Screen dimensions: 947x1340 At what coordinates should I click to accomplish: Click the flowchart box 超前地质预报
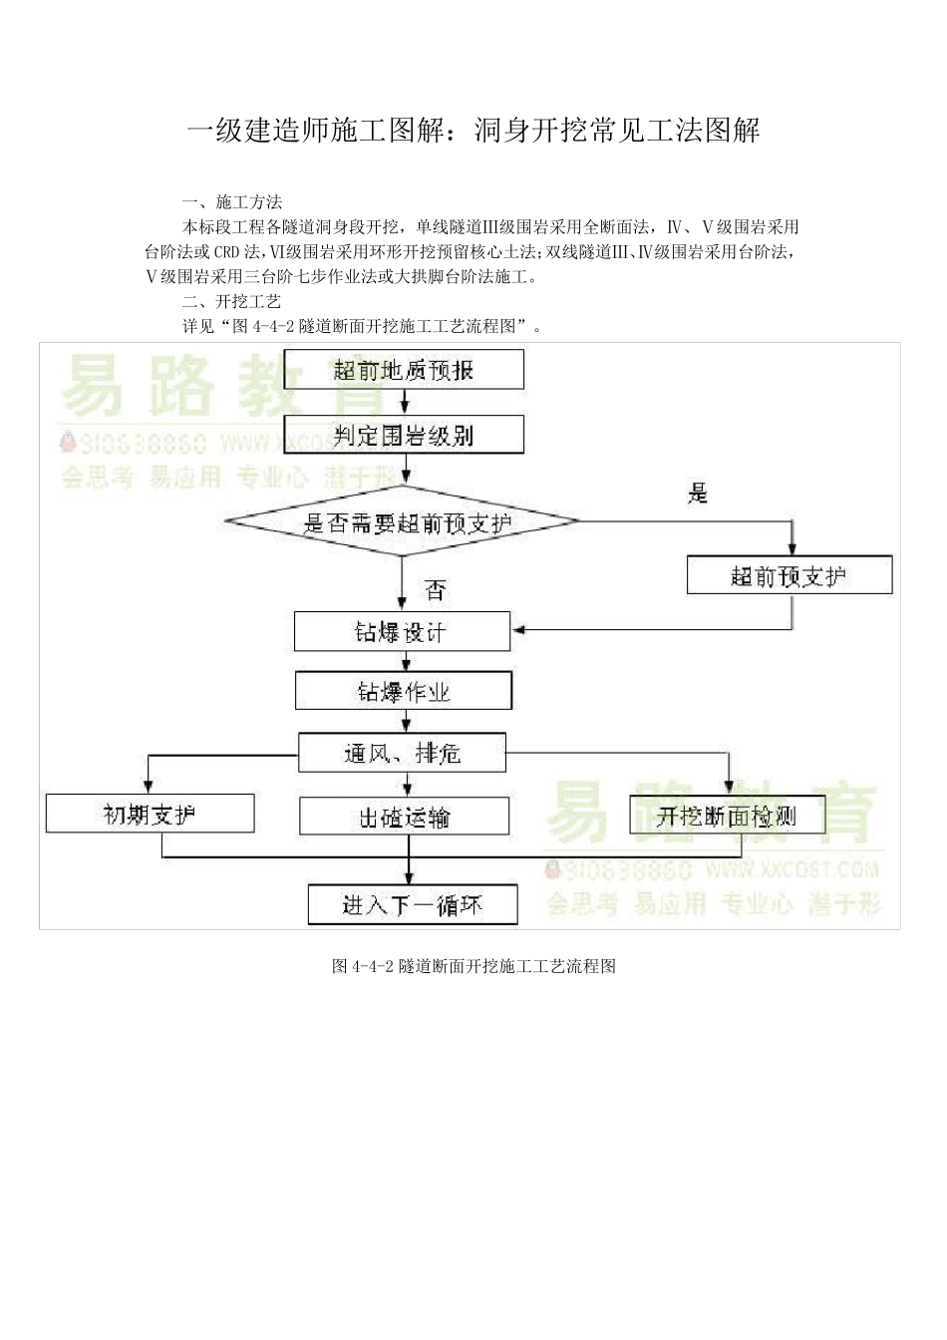point(404,370)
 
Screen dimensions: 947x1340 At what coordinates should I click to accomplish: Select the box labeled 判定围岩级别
point(404,435)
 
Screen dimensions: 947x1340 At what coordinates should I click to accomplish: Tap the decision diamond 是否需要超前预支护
point(404,521)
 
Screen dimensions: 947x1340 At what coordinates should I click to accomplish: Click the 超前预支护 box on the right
point(789,575)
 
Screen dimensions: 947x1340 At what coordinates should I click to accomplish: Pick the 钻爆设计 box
point(402,632)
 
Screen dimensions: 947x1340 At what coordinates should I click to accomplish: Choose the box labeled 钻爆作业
point(404,691)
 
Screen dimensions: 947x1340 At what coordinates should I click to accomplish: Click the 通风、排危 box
point(402,753)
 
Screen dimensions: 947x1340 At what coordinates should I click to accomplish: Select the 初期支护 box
point(150,814)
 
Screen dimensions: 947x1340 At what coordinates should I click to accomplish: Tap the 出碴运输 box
point(404,817)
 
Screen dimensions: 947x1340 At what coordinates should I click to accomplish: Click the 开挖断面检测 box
point(727,816)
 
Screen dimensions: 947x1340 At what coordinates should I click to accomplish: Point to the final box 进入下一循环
point(412,904)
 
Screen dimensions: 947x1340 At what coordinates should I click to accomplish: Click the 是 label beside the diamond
point(698,493)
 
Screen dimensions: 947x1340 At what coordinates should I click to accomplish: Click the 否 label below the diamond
point(435,590)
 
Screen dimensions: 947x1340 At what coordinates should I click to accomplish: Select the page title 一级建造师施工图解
point(473,130)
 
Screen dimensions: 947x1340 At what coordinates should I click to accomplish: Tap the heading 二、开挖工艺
point(232,301)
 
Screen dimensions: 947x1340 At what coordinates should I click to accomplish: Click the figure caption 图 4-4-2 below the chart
point(473,965)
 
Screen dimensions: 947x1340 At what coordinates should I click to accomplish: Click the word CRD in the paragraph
point(227,251)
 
